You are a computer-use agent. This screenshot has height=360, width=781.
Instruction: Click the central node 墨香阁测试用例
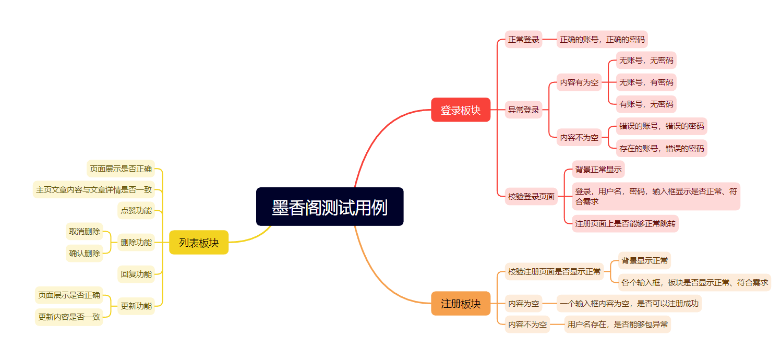click(330, 207)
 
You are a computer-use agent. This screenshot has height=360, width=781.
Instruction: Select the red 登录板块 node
click(461, 110)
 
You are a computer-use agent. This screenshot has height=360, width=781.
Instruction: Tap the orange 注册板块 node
click(461, 304)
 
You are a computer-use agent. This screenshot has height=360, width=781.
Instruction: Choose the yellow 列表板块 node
click(199, 243)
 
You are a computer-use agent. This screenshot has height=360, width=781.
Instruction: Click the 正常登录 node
click(523, 39)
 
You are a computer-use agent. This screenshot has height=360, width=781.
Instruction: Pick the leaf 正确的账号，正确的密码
click(602, 39)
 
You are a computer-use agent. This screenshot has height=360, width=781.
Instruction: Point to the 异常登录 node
click(523, 110)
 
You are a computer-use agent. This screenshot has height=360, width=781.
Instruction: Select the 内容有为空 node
click(579, 82)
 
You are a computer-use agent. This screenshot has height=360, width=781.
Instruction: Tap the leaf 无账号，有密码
click(646, 82)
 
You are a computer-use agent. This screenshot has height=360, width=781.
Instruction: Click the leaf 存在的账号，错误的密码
click(662, 148)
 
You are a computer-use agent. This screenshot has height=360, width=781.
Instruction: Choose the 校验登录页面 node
click(531, 197)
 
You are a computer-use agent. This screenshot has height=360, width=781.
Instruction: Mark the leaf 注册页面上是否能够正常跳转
click(625, 224)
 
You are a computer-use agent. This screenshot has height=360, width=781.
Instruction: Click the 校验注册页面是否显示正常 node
click(554, 272)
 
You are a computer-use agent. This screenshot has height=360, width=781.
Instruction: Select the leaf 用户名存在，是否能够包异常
click(617, 325)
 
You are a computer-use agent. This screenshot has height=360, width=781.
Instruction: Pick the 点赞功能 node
click(136, 210)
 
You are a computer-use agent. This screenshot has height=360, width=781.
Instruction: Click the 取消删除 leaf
click(85, 232)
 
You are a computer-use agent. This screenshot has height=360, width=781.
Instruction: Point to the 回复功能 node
click(136, 274)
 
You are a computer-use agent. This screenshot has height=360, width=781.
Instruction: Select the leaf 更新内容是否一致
click(69, 317)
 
